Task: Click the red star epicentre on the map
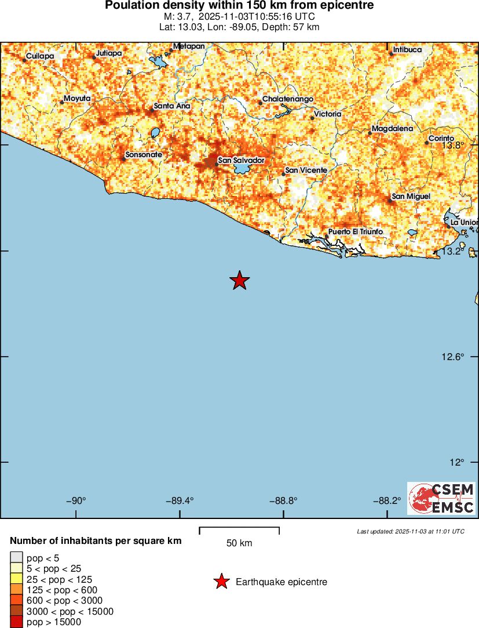click(x=239, y=280)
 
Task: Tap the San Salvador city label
click(x=241, y=160)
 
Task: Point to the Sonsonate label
click(x=144, y=155)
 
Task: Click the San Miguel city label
click(x=411, y=197)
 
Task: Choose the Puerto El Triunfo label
click(x=356, y=232)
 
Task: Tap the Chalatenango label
click(x=288, y=99)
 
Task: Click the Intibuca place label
click(x=407, y=50)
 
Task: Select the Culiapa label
click(x=40, y=56)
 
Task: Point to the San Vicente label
click(x=306, y=170)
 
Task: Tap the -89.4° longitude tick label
click(x=180, y=500)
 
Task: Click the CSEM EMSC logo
click(x=441, y=498)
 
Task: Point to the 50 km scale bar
click(x=239, y=531)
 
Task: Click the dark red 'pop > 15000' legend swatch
click(x=16, y=622)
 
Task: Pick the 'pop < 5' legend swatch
click(x=16, y=558)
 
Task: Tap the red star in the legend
click(x=221, y=582)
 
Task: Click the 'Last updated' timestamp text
click(x=411, y=531)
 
